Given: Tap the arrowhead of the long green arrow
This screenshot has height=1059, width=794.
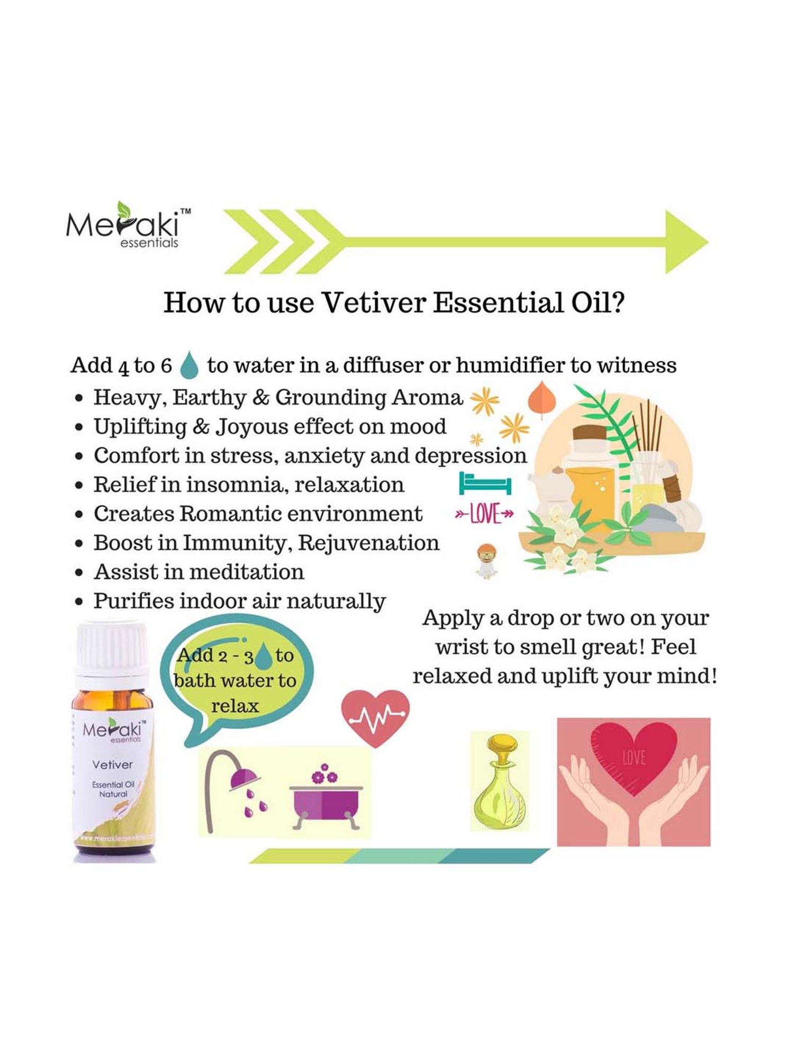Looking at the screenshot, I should tap(685, 242).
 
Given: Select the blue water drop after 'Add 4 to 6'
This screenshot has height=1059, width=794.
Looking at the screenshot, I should tap(189, 366).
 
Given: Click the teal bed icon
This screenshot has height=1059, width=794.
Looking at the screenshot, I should tap(484, 483).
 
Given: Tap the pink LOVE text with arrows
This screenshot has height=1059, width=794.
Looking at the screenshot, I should tap(484, 513).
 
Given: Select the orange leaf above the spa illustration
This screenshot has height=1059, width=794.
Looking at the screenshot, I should tap(542, 398).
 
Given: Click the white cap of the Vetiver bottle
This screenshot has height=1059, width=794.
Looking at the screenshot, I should tap(112, 648).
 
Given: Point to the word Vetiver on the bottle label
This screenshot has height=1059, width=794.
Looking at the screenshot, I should tap(112, 765).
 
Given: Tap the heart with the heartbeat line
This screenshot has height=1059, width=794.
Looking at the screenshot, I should tap(375, 717).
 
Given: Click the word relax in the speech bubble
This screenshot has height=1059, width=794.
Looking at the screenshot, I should tap(235, 706).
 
